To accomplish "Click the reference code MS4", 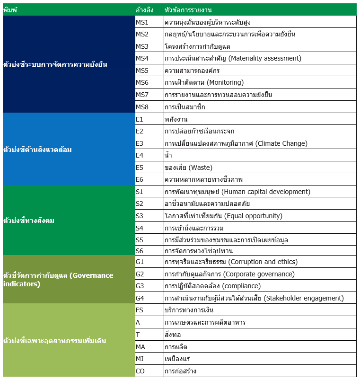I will tap(142, 59).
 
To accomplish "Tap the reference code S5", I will tap(140, 240).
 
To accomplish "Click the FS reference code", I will tap(140, 310).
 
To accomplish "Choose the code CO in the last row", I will tap(140, 371).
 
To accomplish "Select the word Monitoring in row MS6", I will tap(225, 83).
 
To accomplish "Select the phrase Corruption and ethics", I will tap(263, 262).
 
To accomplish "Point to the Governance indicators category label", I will tap(58, 280).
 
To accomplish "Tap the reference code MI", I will tap(140, 359).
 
